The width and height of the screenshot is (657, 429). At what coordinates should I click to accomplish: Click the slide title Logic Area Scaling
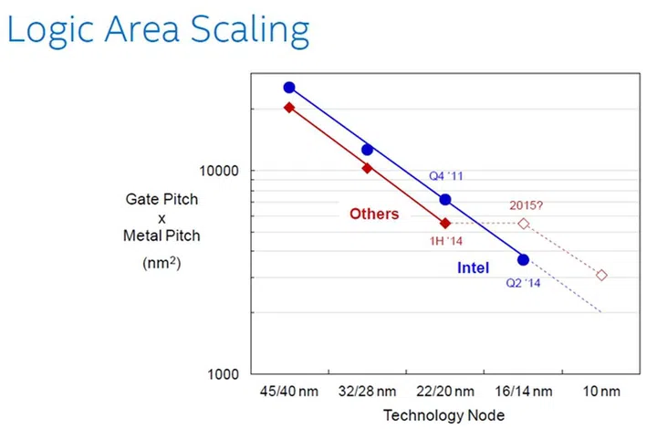(x=158, y=29)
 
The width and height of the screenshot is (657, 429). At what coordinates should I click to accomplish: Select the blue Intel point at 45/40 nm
(x=289, y=88)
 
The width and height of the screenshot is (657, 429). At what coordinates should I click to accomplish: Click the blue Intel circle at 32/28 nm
(x=368, y=150)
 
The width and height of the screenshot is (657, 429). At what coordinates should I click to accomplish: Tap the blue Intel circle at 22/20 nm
(x=445, y=200)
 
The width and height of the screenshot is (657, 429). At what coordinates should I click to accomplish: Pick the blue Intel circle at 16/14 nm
(x=524, y=260)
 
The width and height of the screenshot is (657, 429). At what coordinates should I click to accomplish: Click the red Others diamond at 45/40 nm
(x=289, y=108)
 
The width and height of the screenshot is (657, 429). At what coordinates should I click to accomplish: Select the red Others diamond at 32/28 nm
(x=368, y=169)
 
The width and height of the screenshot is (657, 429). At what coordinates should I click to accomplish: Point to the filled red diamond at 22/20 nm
(x=445, y=224)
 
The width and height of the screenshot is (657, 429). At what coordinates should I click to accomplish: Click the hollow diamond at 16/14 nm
(x=524, y=224)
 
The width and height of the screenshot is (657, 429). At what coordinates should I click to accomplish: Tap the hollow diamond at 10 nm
(x=601, y=275)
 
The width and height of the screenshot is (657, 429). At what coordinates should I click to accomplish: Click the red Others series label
(x=374, y=214)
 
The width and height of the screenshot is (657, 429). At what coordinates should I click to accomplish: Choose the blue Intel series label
(x=473, y=268)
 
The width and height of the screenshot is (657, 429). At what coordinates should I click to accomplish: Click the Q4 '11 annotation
(x=446, y=176)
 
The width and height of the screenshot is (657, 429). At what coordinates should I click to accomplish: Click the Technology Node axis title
(x=443, y=415)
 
